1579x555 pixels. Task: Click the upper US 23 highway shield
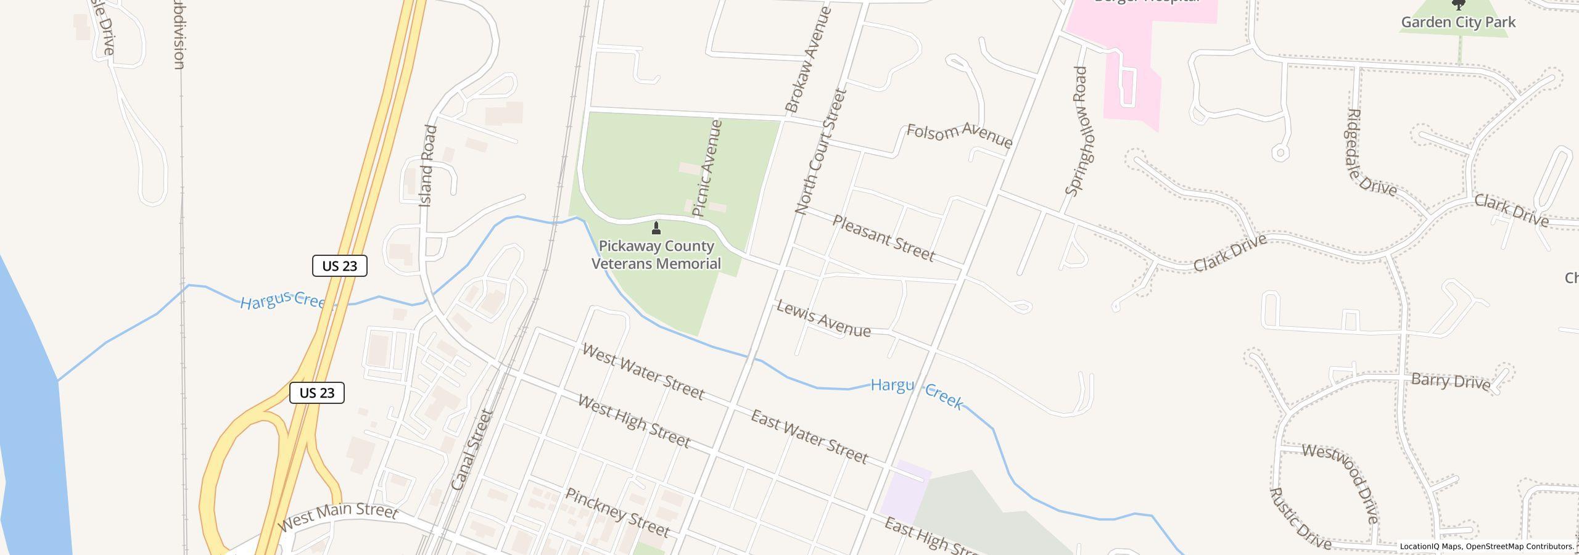tap(339, 266)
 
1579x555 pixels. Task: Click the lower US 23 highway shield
tap(316, 393)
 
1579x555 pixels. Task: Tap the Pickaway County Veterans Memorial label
tap(656, 255)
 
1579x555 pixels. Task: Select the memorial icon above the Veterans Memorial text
tap(656, 229)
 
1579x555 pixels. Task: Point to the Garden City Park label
tap(1458, 22)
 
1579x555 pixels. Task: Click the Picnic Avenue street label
tap(707, 168)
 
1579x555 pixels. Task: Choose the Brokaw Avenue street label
tap(809, 60)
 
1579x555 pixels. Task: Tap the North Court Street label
tap(822, 152)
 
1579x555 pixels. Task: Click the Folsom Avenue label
tap(959, 136)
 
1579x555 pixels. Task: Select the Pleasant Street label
tap(883, 238)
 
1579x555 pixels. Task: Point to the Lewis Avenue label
tap(823, 319)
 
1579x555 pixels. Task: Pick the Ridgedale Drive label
tap(1371, 153)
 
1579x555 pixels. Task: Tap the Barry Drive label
tap(1450, 381)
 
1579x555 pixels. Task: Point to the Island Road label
tap(427, 166)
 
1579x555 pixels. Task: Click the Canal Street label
tap(472, 450)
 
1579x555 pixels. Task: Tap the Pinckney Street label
tap(617, 512)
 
